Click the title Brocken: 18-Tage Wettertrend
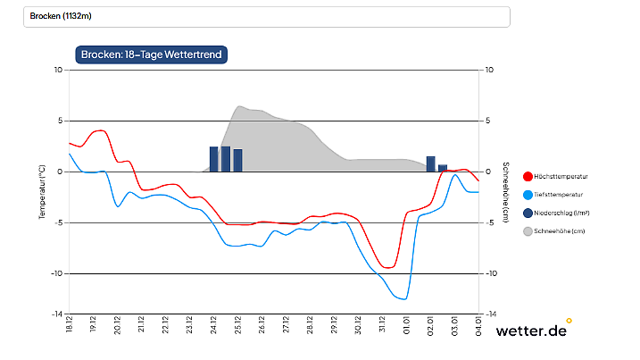coord(152,54)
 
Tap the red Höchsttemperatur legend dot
coord(528,177)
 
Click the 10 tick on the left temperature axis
coord(58,70)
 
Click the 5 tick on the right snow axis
coord(487,121)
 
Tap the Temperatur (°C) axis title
coord(41,192)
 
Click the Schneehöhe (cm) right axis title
coord(505,192)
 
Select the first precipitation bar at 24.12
coord(214,159)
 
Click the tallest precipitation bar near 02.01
coord(431,163)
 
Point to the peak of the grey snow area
coord(240,106)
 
